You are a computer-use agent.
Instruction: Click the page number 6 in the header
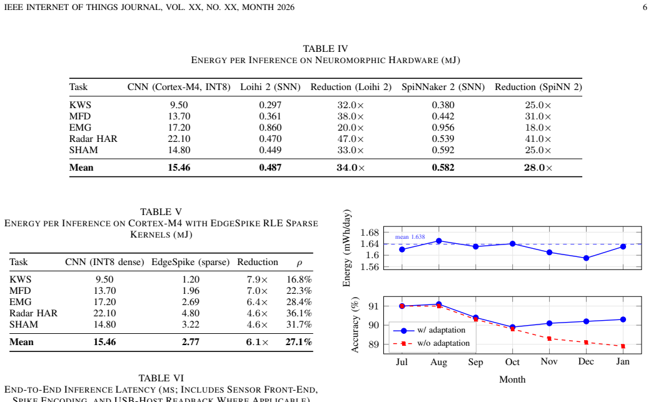645,7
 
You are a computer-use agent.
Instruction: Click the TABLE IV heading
325,49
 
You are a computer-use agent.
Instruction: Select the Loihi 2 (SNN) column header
270,87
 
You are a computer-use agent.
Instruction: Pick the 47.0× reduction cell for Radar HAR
350,139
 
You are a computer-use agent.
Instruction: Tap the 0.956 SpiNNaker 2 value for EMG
443,128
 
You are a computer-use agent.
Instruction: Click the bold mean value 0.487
270,167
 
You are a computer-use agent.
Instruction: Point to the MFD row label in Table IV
79,116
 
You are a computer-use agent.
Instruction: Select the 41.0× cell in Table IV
538,139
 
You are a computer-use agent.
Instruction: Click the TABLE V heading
161,211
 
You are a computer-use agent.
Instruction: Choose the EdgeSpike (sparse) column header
191,262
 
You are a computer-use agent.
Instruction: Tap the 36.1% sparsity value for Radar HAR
299,313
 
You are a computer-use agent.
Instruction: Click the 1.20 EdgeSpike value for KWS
191,279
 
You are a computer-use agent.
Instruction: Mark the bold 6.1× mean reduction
258,342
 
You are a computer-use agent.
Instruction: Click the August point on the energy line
439,241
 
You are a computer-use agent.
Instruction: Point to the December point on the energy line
586,258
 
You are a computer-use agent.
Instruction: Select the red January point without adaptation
623,346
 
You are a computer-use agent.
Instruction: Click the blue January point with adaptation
623,319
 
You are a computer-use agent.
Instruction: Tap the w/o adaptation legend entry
431,343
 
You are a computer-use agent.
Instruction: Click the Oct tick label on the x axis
512,362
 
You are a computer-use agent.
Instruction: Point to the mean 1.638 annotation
410,237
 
